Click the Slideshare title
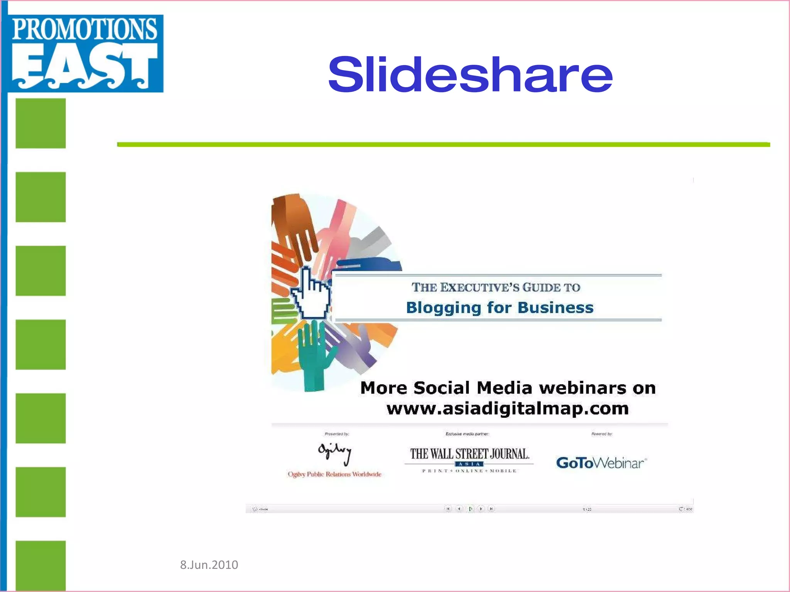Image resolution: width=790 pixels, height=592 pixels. (x=470, y=75)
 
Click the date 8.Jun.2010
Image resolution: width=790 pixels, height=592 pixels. (x=209, y=565)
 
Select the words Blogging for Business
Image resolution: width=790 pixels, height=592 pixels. (x=500, y=308)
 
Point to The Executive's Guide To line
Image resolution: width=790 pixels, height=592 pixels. (x=496, y=287)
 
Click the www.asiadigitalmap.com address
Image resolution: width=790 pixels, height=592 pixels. (x=507, y=408)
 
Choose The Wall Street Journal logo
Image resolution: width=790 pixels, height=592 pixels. (x=469, y=459)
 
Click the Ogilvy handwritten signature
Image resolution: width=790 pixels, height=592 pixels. (x=335, y=453)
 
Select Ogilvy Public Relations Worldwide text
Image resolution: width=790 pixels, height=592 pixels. (x=334, y=474)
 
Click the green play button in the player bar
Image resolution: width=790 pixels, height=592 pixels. (x=470, y=509)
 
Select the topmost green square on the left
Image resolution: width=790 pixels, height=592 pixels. (x=41, y=123)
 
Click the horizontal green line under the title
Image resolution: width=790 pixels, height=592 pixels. (x=444, y=145)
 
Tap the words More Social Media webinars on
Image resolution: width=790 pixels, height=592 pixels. (x=508, y=388)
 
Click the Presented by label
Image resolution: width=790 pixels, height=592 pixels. (x=337, y=434)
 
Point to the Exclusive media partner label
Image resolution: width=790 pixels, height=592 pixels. (x=467, y=434)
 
